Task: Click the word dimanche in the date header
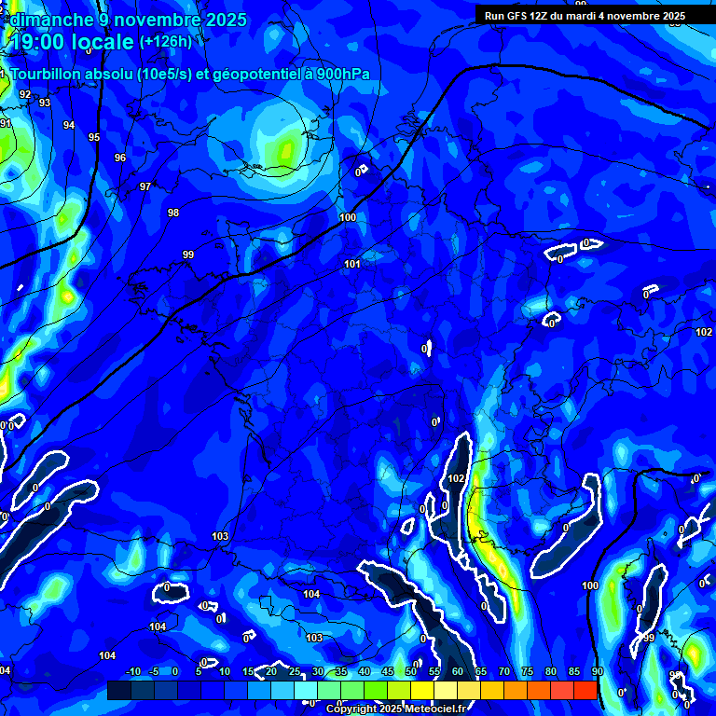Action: [x=55, y=20]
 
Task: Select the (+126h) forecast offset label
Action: [x=166, y=42]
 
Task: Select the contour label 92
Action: [x=25, y=94]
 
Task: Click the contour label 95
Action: [x=94, y=137]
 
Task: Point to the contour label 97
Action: [x=145, y=186]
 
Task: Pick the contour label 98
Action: [x=173, y=213]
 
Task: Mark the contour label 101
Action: [x=351, y=264]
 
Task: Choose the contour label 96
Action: [x=120, y=158]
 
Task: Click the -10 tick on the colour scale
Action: [x=132, y=671]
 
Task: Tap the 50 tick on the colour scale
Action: [x=411, y=671]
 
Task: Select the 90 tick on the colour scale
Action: [x=597, y=671]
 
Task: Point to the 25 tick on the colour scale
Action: [x=295, y=671]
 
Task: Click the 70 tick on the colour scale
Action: [x=504, y=671]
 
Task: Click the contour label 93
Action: [x=45, y=103]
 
